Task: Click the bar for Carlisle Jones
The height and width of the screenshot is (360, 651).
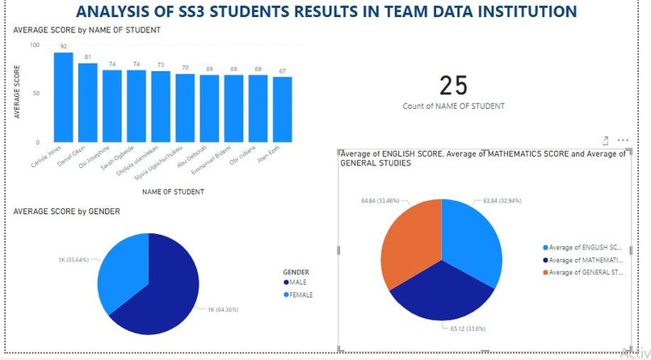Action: tap(64, 97)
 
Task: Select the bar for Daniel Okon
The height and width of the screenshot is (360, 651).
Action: tap(88, 102)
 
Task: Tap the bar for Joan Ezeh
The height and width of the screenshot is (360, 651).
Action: tap(282, 107)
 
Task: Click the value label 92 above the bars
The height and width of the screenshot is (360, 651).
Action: tap(64, 47)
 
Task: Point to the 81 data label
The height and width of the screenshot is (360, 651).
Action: tap(88, 57)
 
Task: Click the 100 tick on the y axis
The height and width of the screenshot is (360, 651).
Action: tap(34, 44)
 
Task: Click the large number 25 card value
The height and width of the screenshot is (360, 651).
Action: tap(454, 86)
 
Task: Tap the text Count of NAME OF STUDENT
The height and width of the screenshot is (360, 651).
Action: tap(453, 107)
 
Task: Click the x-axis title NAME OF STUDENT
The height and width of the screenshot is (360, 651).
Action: tap(172, 192)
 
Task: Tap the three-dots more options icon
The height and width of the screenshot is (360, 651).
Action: tap(623, 140)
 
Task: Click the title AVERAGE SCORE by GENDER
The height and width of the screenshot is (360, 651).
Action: tap(66, 211)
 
